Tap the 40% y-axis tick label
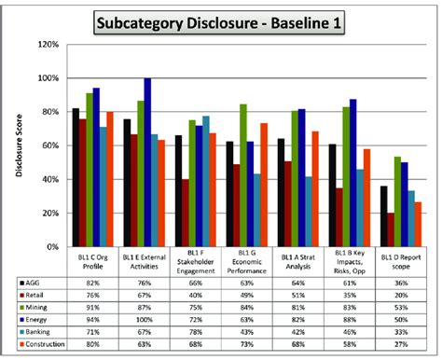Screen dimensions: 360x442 click(x=51, y=179)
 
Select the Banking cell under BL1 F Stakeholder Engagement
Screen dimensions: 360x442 click(x=194, y=332)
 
